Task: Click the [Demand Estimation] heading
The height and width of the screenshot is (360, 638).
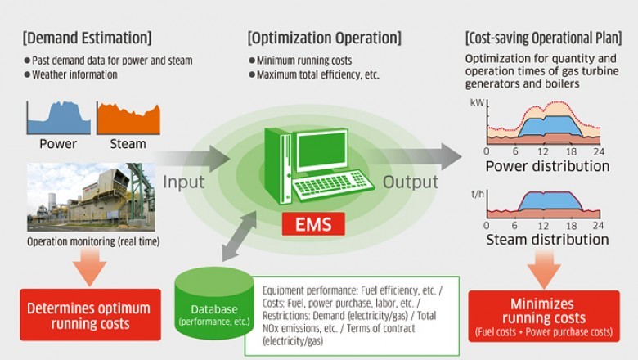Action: [87, 38]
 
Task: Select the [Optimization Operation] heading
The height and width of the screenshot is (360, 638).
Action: [324, 38]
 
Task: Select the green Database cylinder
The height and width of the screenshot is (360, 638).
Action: [214, 303]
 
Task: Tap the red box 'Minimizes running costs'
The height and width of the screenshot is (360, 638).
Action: [543, 316]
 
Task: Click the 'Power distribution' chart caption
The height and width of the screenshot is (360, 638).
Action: [547, 166]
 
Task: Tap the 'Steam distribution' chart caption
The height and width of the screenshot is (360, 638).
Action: [547, 240]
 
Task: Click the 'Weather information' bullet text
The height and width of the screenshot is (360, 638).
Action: [74, 74]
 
